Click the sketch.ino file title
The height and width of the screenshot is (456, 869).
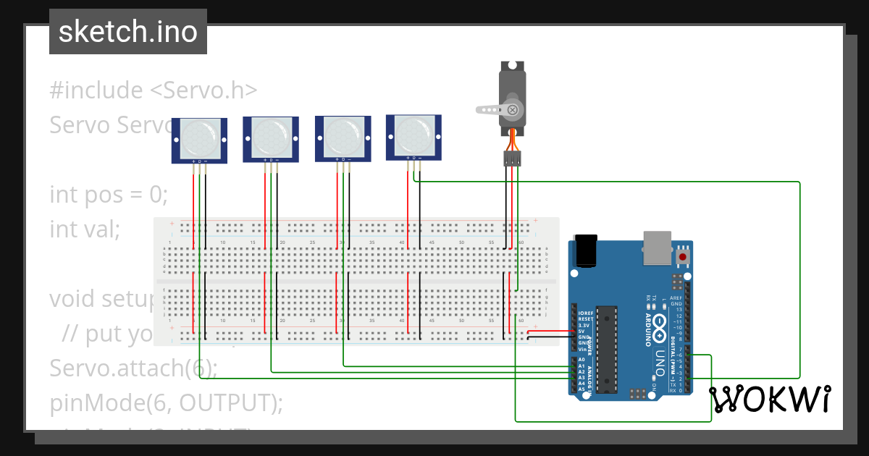(128, 32)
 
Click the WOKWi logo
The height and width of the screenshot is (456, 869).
(770, 400)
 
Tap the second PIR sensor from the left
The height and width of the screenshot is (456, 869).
(271, 139)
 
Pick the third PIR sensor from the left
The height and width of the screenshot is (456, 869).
(343, 138)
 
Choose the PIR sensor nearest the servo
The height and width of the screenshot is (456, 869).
(414, 137)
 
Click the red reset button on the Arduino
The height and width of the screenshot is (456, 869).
(682, 257)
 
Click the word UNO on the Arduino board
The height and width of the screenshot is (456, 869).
(659, 362)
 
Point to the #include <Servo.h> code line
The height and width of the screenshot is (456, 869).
(154, 90)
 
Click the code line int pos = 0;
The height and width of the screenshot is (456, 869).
(109, 195)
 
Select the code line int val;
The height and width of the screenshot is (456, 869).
(84, 229)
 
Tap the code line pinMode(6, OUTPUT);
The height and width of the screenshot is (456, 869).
(166, 402)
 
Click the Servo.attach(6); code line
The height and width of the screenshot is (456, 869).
(133, 368)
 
